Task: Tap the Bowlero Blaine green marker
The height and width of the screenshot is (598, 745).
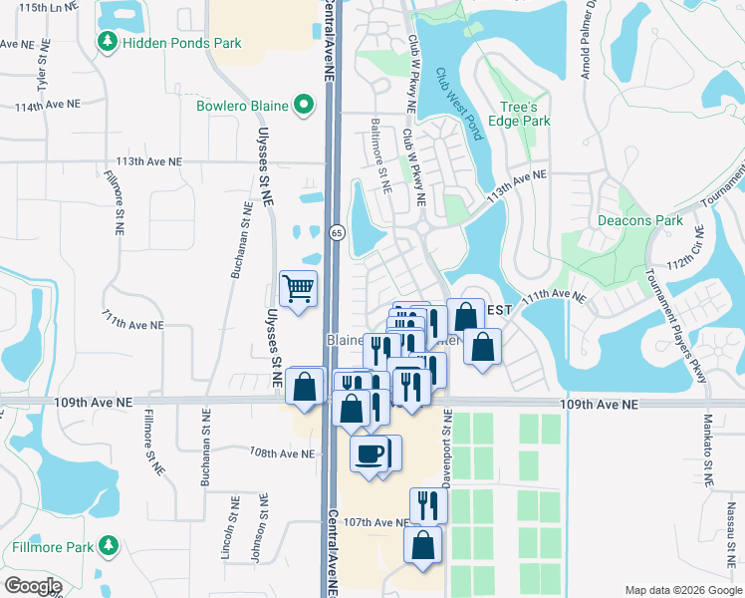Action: [304, 106]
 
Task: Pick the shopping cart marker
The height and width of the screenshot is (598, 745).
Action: [298, 289]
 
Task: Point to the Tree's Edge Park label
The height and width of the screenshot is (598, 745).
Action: [524, 114]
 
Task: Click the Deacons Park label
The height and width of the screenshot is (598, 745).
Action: [638, 220]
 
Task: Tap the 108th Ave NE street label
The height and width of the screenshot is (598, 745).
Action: [282, 453]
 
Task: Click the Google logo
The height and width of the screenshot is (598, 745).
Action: [33, 585]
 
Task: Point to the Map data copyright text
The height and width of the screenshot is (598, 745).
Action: [681, 590]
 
